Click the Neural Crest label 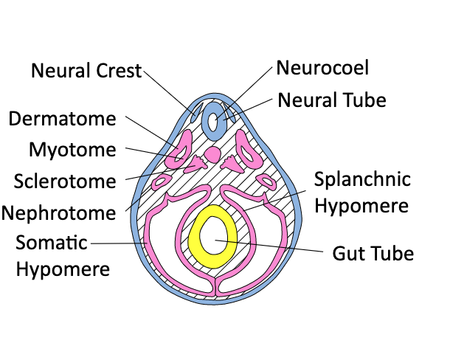[x=86, y=71]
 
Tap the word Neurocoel [x=322, y=68]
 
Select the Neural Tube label [x=332, y=100]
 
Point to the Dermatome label [x=62, y=118]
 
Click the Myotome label [x=72, y=150]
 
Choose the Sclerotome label [x=65, y=181]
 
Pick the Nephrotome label [x=59, y=213]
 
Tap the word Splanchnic [x=362, y=179]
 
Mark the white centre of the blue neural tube [x=214, y=122]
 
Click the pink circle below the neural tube [x=212, y=154]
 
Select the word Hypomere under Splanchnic [x=361, y=206]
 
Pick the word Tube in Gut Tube [x=392, y=254]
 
